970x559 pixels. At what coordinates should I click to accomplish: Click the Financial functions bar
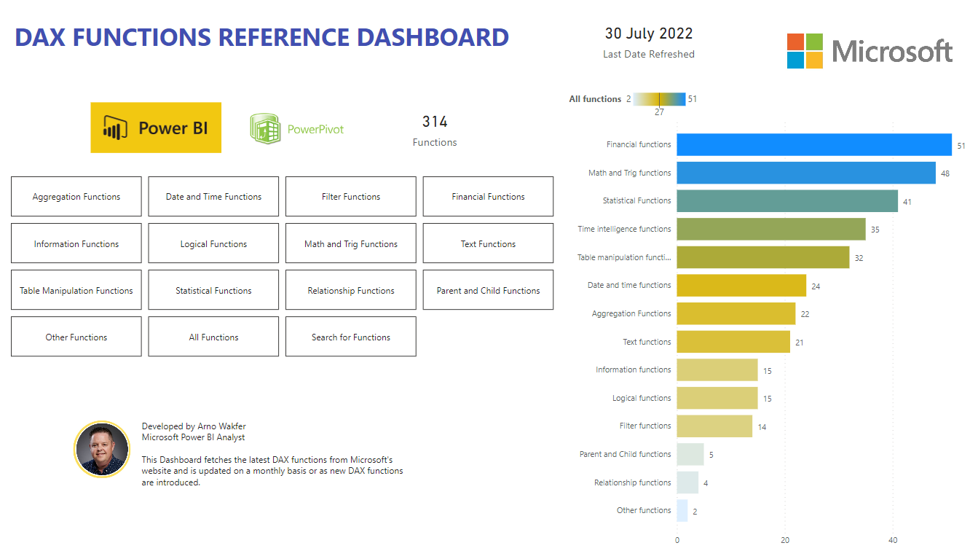pos(813,144)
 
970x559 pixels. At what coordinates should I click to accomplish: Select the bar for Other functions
pos(682,510)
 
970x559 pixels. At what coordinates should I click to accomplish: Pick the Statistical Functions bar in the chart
pos(786,200)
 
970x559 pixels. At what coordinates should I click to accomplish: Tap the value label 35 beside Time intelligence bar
pos(875,230)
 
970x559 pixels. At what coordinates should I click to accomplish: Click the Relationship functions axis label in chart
pos(632,482)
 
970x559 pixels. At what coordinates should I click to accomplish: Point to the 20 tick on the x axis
pos(785,540)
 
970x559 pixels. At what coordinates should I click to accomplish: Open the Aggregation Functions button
pos(76,197)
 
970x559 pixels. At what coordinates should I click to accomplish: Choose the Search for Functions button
pos(351,337)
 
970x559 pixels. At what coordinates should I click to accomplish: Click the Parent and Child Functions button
pos(488,290)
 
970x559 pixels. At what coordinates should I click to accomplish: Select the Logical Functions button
pos(213,243)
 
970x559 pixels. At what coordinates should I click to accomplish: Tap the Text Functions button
pos(488,243)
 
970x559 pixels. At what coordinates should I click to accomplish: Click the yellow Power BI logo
pos(156,128)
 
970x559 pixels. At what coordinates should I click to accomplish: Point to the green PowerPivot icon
pos(264,128)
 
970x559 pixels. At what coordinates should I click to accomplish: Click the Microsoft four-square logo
pos(805,51)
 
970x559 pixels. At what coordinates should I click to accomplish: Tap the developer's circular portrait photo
pos(102,449)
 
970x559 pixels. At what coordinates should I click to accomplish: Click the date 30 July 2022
pos(648,34)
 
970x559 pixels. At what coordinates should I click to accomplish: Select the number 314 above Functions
pos(435,122)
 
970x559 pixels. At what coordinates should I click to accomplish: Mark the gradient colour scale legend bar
pos(659,99)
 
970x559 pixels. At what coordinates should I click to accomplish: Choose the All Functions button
pos(213,337)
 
